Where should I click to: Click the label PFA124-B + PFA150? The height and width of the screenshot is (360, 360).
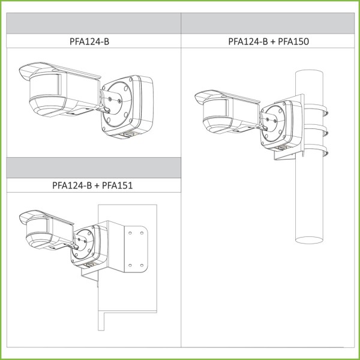(x=268, y=41)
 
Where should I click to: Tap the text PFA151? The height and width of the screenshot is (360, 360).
(x=117, y=185)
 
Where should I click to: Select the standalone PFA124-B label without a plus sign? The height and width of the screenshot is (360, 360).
(x=89, y=41)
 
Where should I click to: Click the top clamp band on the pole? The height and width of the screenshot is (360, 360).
(x=316, y=110)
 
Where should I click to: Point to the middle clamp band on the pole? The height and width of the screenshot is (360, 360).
(x=316, y=130)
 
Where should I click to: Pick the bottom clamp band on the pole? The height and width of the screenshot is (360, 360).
(x=316, y=150)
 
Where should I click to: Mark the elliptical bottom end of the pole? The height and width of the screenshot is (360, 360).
(x=309, y=240)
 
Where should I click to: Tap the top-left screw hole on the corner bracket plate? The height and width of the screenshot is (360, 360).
(x=130, y=233)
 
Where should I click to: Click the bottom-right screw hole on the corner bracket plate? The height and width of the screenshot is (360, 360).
(x=142, y=265)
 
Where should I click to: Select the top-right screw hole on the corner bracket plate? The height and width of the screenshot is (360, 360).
(x=142, y=233)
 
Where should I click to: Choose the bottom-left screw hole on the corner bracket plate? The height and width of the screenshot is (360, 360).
(x=130, y=265)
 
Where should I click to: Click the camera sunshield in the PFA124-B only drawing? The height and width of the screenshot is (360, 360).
(x=59, y=71)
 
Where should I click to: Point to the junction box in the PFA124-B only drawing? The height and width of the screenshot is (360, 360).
(x=127, y=107)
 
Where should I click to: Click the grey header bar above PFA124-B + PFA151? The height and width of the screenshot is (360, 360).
(x=94, y=167)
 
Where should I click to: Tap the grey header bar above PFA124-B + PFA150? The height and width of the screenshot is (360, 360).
(x=268, y=23)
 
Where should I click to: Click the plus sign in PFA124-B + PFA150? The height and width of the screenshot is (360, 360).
(x=273, y=42)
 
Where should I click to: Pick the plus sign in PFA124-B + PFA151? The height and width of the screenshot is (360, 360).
(x=97, y=186)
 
